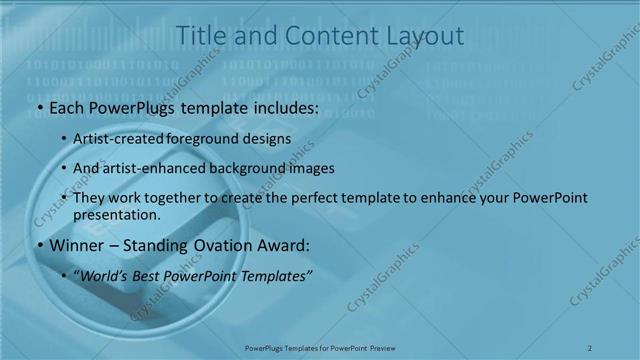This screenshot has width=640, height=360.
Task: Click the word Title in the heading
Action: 199,36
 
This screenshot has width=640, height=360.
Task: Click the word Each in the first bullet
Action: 68,108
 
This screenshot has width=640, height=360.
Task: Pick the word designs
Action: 267,139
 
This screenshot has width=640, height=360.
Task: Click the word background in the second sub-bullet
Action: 248,169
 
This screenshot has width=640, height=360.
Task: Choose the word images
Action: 313,169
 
